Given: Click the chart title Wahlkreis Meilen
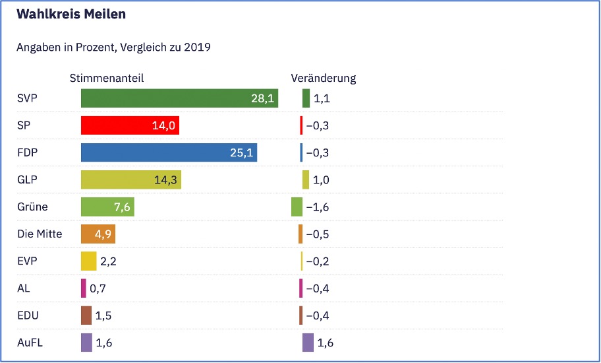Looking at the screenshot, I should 71,14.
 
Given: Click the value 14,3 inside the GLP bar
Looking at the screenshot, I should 165,180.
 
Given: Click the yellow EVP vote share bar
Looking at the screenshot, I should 88,261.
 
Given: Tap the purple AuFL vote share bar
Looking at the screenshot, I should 86,343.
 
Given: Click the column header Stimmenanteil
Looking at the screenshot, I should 106,78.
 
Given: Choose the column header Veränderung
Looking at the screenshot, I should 323,78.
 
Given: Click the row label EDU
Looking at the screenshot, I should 28,315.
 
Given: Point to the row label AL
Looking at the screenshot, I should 23,288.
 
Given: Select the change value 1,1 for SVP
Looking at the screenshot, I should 322,98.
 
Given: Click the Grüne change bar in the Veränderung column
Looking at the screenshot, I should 297,207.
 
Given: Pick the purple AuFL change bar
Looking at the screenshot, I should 308,343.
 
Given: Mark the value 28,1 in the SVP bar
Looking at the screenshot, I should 262,98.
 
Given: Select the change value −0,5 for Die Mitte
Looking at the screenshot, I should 317,234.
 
